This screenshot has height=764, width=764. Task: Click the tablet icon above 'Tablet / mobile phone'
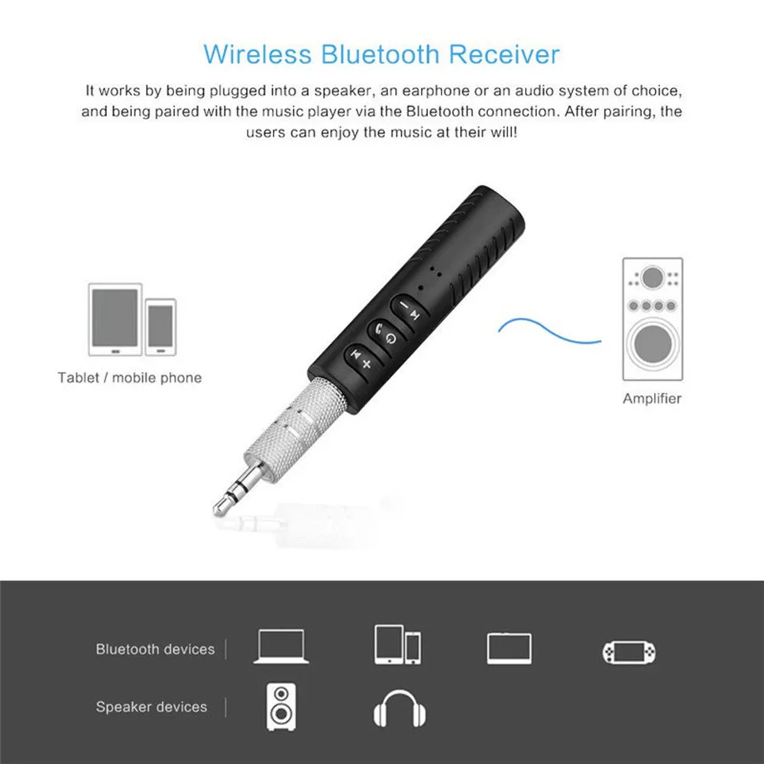click(115, 319)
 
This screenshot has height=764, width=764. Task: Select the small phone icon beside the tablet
click(160, 327)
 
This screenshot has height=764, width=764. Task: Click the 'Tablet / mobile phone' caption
click(129, 377)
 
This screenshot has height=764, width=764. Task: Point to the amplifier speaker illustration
click(652, 319)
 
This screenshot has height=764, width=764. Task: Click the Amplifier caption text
click(652, 398)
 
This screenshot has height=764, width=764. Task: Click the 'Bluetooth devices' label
click(155, 649)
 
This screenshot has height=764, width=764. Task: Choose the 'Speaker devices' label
click(151, 707)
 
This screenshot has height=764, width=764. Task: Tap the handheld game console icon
click(629, 652)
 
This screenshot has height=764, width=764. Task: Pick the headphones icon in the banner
click(400, 709)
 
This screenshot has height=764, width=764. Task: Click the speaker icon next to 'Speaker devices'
click(280, 707)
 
